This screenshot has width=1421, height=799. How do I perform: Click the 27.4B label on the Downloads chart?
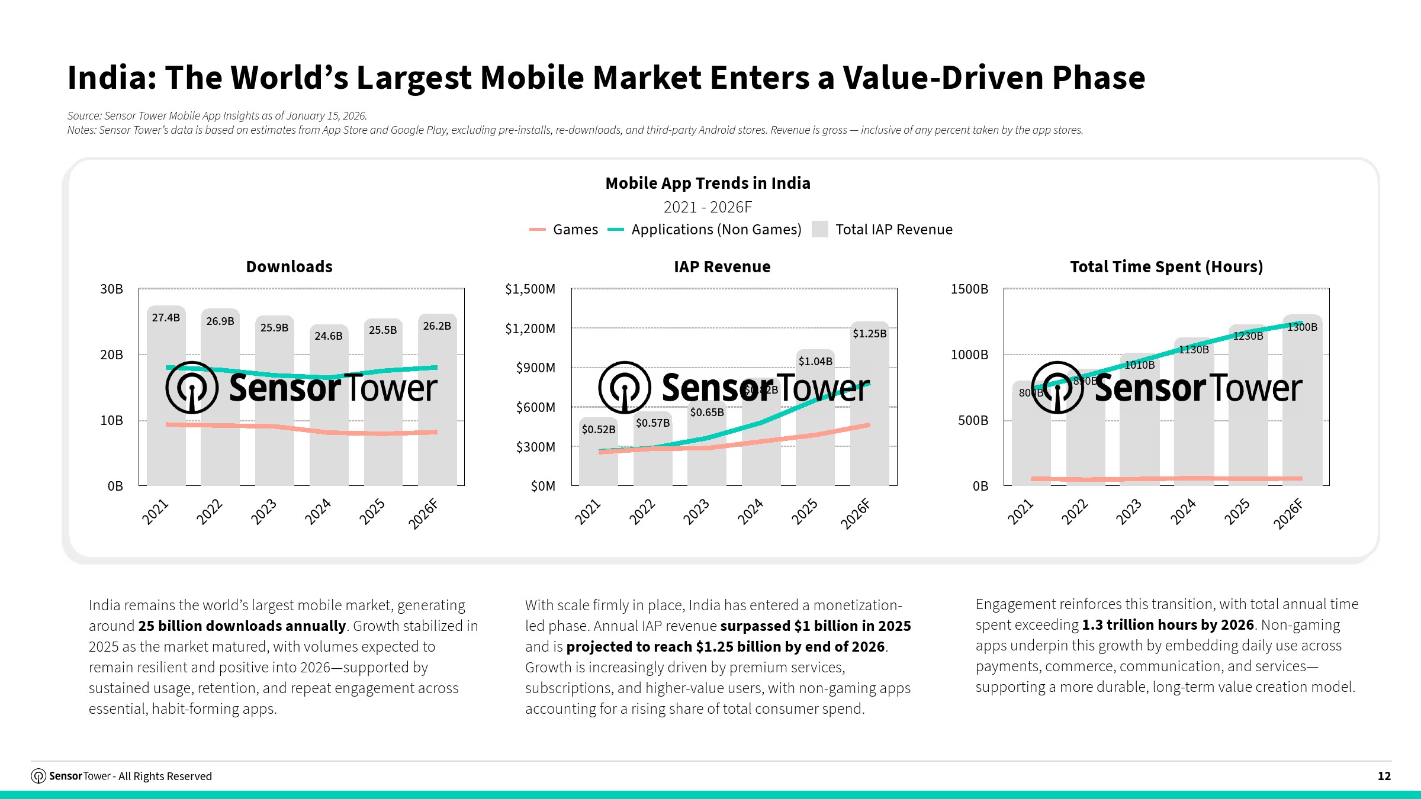pos(166,318)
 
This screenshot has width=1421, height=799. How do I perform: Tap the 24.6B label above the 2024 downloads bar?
pos(329,336)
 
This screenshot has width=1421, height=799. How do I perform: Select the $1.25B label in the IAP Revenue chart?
pos(869,334)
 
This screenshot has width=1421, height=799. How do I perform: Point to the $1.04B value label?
pos(815,362)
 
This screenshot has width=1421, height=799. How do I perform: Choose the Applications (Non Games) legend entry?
pos(705,230)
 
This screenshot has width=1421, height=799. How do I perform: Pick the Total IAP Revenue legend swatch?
pos(820,230)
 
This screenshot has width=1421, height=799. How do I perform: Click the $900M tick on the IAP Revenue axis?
pos(535,368)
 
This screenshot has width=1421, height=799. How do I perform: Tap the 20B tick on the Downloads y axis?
pos(111,355)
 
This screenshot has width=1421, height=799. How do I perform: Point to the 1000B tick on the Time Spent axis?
pos(969,355)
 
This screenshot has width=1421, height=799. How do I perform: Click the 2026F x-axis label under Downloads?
pos(423,514)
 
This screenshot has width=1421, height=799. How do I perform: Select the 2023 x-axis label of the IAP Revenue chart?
pos(696,512)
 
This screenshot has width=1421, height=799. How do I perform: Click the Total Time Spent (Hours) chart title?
pos(1166,267)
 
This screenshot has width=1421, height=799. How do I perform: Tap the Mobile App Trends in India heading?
pos(708,183)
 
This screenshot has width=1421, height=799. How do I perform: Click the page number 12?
pos(1384,776)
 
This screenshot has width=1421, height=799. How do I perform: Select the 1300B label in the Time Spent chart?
pos(1302,327)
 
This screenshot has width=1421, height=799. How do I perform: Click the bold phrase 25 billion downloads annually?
pos(242,626)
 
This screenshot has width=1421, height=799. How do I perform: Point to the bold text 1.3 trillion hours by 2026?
pos(1168,625)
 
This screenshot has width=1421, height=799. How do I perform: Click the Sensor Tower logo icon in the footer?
pos(38,776)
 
